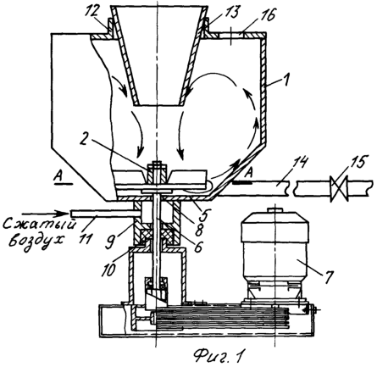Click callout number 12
pos(92,12)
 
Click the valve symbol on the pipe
pos(339,187)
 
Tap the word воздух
pos(36,242)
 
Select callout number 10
pos(109,269)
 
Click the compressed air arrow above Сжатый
pos(45,213)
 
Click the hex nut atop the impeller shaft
pos(156,164)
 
